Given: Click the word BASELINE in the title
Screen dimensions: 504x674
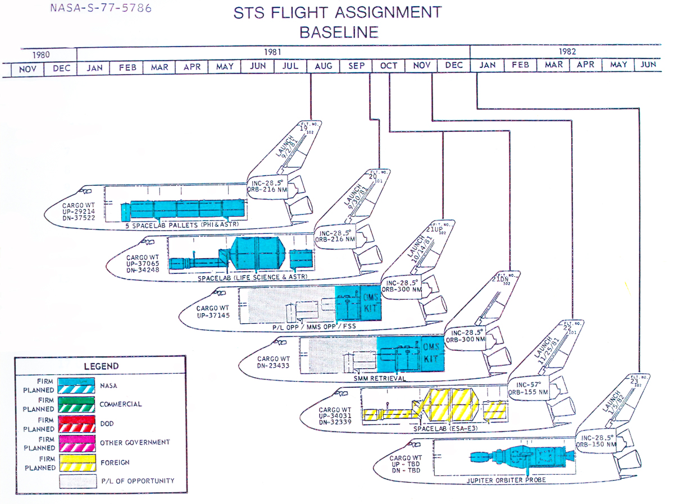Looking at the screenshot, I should [339, 32].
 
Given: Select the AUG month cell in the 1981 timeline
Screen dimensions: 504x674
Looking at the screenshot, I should [324, 66].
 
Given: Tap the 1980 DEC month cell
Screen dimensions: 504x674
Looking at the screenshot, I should [61, 68].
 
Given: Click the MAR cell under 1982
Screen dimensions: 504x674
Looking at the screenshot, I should [553, 65].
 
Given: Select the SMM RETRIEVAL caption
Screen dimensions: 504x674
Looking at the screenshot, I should [380, 378].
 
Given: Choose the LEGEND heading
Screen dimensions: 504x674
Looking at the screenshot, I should [101, 366].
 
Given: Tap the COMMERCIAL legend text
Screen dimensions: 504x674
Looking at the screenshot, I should [120, 404].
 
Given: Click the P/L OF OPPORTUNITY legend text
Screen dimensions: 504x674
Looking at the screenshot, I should [137, 480].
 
